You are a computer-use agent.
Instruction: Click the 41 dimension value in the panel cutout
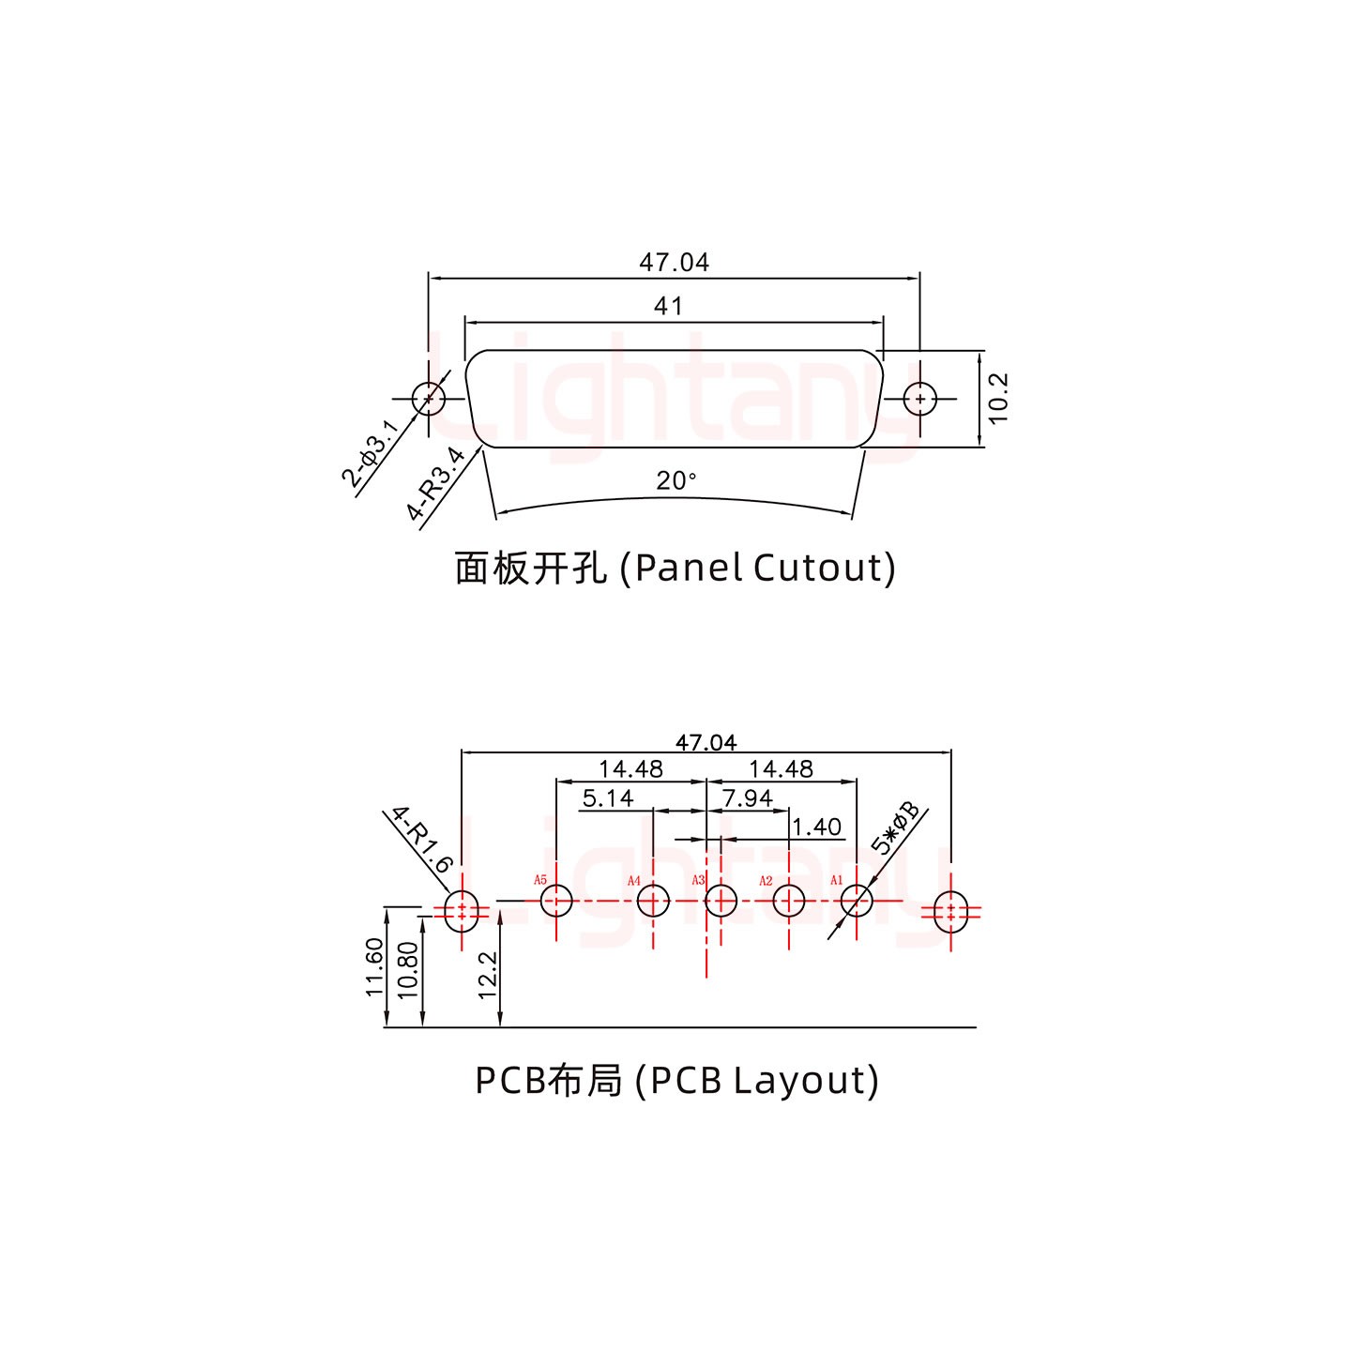[x=668, y=306]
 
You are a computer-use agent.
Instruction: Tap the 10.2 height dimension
[x=998, y=398]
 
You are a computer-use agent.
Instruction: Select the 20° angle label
[x=676, y=481]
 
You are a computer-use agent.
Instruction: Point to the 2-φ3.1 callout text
[x=371, y=454]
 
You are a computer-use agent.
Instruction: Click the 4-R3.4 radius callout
[x=436, y=484]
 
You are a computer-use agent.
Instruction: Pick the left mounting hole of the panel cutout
[x=429, y=398]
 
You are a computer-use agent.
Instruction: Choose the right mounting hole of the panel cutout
[x=920, y=399]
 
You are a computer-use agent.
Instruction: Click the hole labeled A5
[x=556, y=902]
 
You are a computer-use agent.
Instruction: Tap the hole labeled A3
[x=721, y=902]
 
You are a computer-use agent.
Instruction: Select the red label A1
[x=837, y=881]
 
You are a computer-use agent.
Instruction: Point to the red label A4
[x=634, y=881]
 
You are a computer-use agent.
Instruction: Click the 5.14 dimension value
[x=608, y=798]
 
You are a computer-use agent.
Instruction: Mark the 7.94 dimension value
[x=748, y=798]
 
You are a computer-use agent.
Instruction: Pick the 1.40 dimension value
[x=816, y=827]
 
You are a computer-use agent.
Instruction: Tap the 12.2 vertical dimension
[x=488, y=976]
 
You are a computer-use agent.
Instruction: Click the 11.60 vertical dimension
[x=374, y=967]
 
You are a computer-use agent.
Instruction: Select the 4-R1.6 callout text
[x=422, y=839]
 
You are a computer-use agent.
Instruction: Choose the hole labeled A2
[x=789, y=902]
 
